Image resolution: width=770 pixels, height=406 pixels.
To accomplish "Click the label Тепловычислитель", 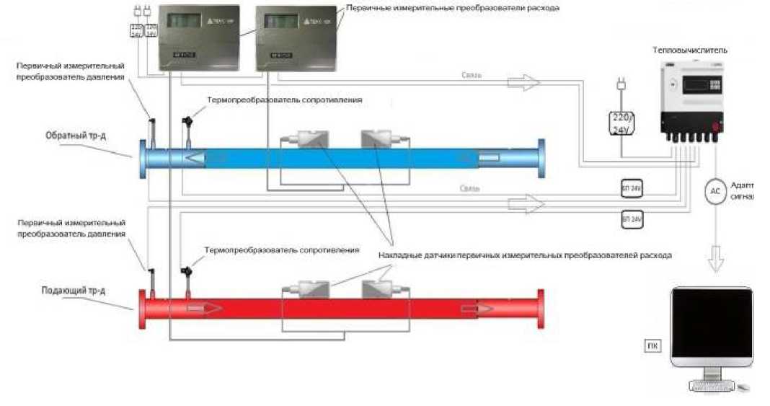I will coord(690,50).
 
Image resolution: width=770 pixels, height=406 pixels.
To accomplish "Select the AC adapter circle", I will coord(715,191).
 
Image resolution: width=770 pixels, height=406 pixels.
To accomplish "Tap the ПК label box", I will coord(652,347).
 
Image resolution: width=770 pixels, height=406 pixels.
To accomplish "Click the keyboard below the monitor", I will coord(717,387).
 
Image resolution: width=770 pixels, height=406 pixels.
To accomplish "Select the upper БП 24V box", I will coord(631,189).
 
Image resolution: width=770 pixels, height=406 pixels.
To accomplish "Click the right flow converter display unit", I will coord(287,40).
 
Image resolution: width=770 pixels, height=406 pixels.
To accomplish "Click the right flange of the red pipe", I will coord(540,308).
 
